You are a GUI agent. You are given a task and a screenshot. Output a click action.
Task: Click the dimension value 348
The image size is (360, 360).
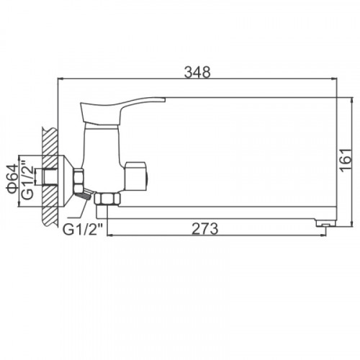tap(197, 72)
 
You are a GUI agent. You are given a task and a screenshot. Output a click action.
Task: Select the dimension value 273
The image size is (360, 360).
tap(205, 228)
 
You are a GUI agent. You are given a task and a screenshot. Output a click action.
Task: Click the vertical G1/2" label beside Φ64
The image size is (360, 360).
tap(27, 179)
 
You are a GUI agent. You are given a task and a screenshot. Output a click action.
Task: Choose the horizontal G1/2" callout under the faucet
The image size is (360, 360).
tap(83, 229)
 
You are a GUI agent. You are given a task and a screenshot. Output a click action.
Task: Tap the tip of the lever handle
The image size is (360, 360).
tap(165, 99)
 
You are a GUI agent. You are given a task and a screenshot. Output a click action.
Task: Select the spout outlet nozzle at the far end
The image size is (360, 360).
tap(326, 223)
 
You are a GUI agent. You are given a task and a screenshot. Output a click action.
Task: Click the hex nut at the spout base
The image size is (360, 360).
tap(107, 199)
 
